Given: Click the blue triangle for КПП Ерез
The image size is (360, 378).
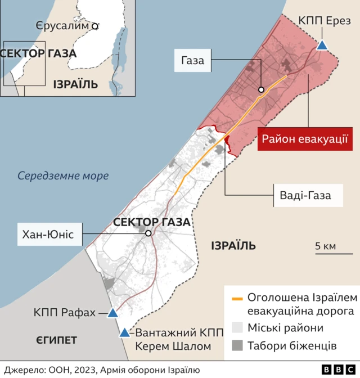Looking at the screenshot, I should (322, 45).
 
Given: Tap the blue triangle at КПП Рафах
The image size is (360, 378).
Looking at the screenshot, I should (112, 313).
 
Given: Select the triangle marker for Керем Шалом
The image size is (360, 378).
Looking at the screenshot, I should (124, 333).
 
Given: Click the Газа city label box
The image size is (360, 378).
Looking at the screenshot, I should (192, 60).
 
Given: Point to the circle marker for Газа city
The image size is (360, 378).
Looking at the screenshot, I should (262, 90).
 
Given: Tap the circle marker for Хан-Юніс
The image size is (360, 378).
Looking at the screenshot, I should (148, 233).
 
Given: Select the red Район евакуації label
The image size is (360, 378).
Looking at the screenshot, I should (304, 139).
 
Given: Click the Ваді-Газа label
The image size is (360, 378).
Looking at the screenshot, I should (304, 195).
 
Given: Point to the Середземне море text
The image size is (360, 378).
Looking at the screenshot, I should (63, 175).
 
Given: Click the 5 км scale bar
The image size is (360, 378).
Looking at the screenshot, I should (326, 254).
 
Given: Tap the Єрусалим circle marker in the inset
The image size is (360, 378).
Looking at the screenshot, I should (95, 26).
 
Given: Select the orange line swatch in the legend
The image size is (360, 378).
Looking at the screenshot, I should (237, 299).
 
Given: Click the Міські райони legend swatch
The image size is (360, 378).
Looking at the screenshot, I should (237, 328).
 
